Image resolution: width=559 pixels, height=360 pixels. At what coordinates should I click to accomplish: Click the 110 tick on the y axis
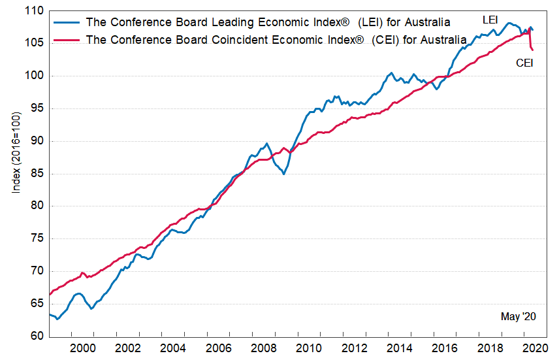(34, 11)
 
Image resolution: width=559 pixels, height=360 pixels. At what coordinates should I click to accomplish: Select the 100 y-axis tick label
(34, 76)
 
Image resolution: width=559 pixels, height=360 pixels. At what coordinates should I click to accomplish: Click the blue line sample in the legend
(66, 22)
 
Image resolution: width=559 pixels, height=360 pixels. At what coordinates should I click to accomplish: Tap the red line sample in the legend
(66, 39)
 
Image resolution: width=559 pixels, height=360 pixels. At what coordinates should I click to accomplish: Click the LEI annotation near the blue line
(490, 20)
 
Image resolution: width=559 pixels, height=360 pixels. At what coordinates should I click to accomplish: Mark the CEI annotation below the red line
(525, 63)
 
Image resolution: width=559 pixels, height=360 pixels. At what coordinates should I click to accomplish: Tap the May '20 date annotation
(518, 317)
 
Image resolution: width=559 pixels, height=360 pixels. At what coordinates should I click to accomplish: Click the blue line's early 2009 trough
(283, 174)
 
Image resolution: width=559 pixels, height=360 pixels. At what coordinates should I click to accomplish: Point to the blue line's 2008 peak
(266, 144)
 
